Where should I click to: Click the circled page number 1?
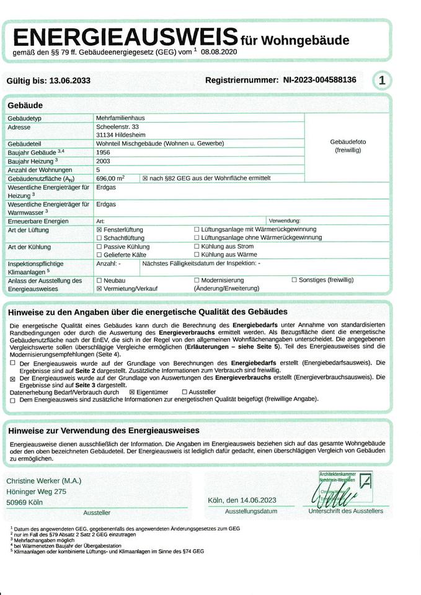coord(381,80)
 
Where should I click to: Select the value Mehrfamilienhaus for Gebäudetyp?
coord(120,117)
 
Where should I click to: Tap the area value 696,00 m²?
coord(110,178)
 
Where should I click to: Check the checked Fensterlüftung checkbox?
coord(99,229)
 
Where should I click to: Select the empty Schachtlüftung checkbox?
coord(99,238)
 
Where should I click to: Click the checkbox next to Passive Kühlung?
coord(99,247)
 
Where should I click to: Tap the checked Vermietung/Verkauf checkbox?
coord(99,289)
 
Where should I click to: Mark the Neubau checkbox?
coord(99,280)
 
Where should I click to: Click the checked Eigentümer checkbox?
coord(131,392)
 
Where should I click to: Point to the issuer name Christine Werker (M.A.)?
coord(43,481)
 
